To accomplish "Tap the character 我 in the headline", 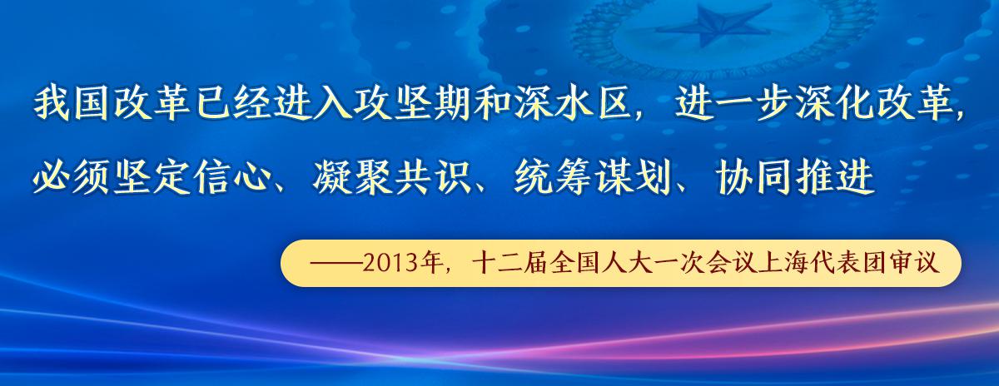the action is (x=52, y=104).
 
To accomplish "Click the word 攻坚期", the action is (x=410, y=104).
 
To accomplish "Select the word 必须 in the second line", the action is (x=71, y=177).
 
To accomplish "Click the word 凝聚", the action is (x=352, y=177).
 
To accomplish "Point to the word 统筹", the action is (x=553, y=177).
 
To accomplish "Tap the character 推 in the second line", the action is (x=814, y=177).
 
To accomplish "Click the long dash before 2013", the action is (x=335, y=264).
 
